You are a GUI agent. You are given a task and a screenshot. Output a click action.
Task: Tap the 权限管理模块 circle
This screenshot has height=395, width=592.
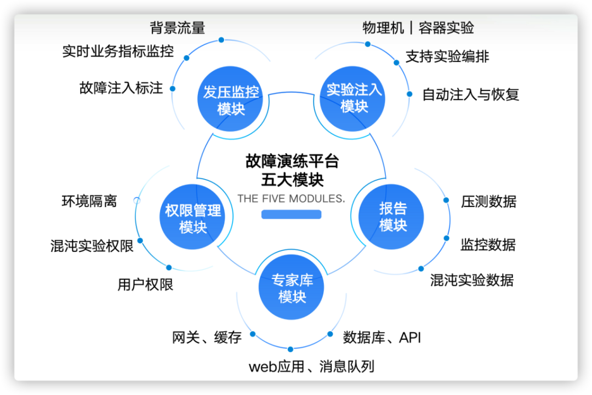click(x=192, y=218)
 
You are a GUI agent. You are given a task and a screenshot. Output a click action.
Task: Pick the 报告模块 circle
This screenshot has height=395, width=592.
click(x=393, y=216)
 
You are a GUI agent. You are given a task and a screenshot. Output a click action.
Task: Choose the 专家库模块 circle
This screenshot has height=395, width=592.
click(x=292, y=289)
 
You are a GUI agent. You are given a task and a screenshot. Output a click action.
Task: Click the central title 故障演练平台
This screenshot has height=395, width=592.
click(x=292, y=162)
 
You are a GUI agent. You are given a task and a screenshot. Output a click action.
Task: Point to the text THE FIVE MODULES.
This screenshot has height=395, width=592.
click(x=291, y=198)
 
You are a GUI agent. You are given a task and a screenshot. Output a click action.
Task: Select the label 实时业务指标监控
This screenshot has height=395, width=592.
click(x=118, y=51)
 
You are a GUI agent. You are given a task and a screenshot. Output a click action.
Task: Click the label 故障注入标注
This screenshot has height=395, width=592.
click(x=121, y=88)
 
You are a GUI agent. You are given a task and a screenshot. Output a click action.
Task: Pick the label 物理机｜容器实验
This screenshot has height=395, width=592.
click(x=418, y=27)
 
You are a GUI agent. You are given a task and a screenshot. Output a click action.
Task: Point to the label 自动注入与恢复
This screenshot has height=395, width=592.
click(x=470, y=94)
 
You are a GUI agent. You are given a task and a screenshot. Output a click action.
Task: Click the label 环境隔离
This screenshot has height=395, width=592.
click(x=89, y=201)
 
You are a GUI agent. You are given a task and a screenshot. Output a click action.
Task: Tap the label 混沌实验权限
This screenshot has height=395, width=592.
click(x=92, y=246)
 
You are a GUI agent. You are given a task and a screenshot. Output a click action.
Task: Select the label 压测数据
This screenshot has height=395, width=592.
click(x=488, y=201)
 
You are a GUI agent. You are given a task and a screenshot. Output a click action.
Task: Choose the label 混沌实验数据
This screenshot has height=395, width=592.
click(x=471, y=280)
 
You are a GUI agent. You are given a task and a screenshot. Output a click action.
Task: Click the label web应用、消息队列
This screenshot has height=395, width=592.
click(x=311, y=366)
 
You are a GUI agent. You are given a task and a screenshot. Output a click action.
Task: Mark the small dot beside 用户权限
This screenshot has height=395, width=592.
click(x=169, y=268)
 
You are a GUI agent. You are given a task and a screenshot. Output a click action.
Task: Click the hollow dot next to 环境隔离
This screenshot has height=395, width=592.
click(x=137, y=201)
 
